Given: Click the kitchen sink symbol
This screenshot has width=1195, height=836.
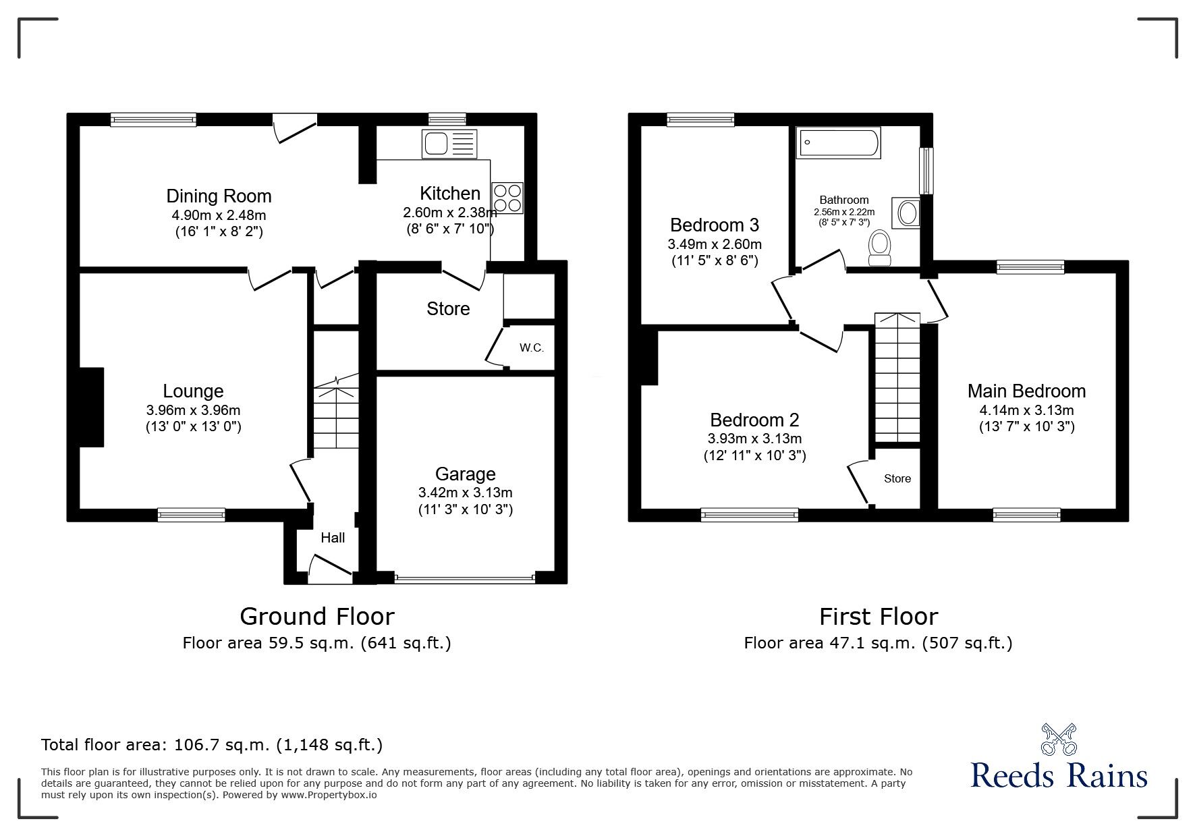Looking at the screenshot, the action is click(449, 144).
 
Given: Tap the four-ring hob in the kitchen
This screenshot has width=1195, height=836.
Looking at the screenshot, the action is click(507, 198).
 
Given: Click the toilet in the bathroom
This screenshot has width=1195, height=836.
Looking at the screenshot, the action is click(880, 248).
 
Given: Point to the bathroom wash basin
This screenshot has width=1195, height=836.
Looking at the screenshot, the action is click(907, 214).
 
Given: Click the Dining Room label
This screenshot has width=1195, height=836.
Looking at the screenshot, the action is click(219, 196).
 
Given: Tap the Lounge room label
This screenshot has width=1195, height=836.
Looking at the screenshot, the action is click(193, 391).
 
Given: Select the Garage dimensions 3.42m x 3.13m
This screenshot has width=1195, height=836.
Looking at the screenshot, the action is click(465, 493).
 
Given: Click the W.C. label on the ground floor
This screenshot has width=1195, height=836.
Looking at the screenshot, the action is click(532, 348).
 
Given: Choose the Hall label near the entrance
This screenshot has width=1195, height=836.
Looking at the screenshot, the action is click(333, 538).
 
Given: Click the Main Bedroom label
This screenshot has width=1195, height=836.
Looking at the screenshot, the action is click(1026, 391).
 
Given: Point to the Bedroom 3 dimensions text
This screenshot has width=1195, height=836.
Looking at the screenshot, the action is click(715, 244).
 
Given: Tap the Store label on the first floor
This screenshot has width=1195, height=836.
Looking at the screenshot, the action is click(897, 478).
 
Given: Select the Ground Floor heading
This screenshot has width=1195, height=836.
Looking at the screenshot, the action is click(317, 617).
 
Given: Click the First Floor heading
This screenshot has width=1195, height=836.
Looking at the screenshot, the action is click(879, 617).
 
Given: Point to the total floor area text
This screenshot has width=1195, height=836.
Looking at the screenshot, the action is click(212, 745).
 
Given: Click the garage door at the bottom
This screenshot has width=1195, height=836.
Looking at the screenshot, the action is click(465, 578).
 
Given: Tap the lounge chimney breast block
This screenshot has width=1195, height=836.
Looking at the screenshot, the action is click(92, 407).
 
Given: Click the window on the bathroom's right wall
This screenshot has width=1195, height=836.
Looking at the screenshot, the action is click(927, 171).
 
